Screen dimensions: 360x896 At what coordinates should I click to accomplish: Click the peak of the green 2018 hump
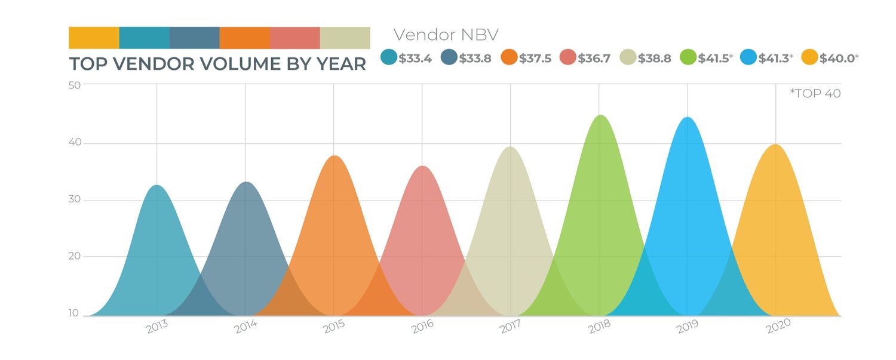point(600,116)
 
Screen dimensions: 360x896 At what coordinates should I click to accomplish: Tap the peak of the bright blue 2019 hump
point(688,118)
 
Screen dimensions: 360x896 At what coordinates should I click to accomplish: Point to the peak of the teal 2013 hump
point(157,186)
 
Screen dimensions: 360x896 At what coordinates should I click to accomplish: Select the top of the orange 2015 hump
point(335,156)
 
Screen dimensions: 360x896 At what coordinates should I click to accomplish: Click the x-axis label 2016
point(422,327)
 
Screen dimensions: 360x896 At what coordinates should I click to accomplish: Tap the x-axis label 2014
point(246,327)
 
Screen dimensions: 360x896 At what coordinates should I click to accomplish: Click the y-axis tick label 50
point(75,84)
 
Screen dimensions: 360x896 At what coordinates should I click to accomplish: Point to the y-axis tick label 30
point(75,200)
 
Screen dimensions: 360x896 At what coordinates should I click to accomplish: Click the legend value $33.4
point(415,58)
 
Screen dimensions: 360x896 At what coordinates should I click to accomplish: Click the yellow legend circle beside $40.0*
point(809,57)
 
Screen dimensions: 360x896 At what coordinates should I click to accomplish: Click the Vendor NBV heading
point(446,35)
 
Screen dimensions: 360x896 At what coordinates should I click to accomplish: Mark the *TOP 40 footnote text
point(815,93)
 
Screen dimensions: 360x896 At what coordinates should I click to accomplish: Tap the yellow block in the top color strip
point(94,38)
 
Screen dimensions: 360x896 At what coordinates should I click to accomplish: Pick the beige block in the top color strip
point(345,38)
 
